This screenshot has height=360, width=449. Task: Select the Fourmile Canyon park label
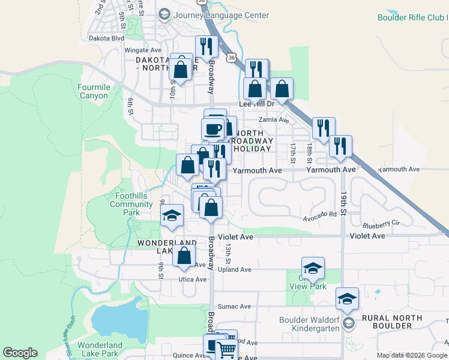(94, 91)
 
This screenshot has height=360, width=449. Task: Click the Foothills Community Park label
(131, 204)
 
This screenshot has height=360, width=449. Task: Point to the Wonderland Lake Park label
(99, 349)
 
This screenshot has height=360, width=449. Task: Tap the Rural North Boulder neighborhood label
(385, 321)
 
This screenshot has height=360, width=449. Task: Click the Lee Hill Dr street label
(256, 104)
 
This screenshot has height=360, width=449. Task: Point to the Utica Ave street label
(192, 280)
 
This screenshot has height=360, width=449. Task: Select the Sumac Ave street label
(234, 306)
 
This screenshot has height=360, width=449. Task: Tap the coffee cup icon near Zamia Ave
(213, 128)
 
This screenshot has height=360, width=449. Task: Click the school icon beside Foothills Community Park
(172, 215)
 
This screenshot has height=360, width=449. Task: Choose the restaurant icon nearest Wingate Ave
(206, 47)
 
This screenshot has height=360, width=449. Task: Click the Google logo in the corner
(20, 353)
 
